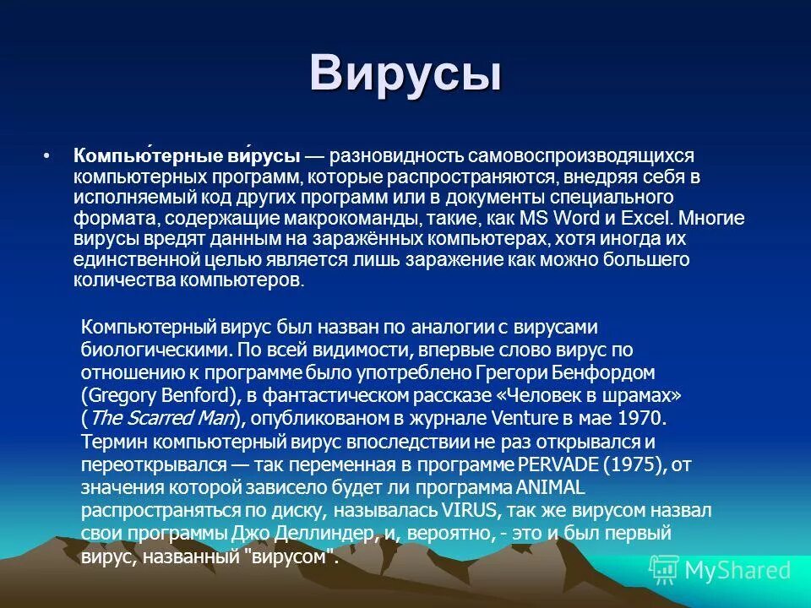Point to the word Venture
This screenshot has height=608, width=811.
click(531, 417)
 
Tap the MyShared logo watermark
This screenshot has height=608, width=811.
click(721, 571)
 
